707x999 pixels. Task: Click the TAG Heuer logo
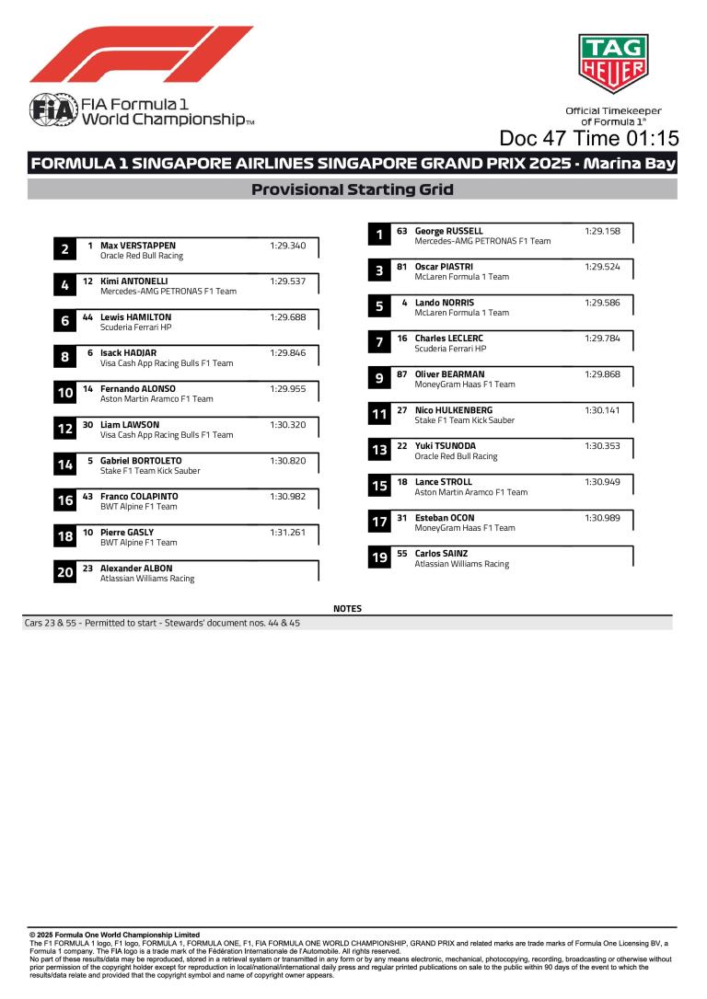coord(612,63)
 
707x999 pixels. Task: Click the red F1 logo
coord(141,54)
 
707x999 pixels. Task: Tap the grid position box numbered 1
coord(379,235)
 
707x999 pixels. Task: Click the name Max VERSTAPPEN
coord(138,246)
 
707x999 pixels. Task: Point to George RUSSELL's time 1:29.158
coord(602,231)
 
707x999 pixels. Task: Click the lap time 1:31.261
coord(287,533)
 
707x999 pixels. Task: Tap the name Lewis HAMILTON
coord(135,317)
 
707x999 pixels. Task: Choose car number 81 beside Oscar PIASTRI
coord(401,267)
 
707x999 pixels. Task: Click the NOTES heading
coord(348,609)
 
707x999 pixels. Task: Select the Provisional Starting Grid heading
coord(353,190)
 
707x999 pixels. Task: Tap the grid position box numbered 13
coord(379,451)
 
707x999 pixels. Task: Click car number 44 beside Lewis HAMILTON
coord(87,317)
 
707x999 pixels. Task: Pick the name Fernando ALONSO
coord(138,389)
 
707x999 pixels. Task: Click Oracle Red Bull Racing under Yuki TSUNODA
coord(456,456)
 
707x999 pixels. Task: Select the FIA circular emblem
coord(45,109)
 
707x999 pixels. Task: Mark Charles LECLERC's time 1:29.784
coord(602,339)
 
